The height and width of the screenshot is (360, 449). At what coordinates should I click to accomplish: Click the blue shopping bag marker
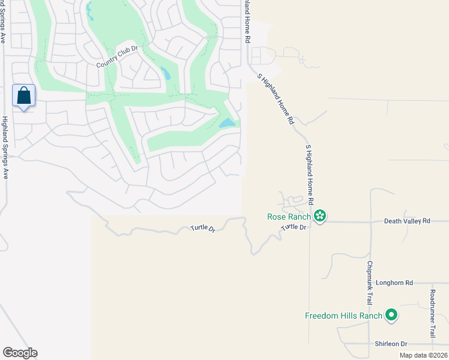click(x=23, y=96)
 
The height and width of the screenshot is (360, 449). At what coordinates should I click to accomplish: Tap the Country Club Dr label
click(x=118, y=64)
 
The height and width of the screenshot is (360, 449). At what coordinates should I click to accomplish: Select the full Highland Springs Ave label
click(x=5, y=147)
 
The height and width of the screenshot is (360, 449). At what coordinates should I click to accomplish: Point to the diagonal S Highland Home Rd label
click(x=276, y=98)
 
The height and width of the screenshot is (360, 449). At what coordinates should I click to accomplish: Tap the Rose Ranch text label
click(x=289, y=217)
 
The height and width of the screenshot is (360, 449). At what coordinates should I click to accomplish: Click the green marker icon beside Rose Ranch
click(x=320, y=216)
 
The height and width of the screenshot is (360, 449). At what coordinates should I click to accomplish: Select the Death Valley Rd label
click(x=408, y=221)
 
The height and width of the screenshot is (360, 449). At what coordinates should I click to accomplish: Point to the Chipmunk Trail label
click(x=370, y=281)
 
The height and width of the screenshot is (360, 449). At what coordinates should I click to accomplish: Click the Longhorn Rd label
click(x=394, y=283)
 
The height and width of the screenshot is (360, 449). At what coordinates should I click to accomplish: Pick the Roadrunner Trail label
click(x=432, y=313)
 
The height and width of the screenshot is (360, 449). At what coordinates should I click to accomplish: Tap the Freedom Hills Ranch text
click(x=343, y=316)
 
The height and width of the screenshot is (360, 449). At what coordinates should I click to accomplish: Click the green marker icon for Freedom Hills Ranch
click(x=391, y=314)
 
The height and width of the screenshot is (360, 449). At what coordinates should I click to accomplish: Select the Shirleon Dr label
click(x=391, y=344)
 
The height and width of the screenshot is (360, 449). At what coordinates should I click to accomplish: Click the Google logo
click(x=20, y=353)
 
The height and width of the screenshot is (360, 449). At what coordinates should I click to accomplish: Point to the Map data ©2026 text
click(x=423, y=355)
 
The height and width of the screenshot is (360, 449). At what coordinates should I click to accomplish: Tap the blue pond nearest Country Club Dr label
click(x=164, y=74)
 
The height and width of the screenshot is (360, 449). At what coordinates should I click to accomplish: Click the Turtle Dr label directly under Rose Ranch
click(x=294, y=227)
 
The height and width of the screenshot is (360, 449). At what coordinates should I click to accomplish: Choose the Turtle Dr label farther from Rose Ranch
click(x=203, y=229)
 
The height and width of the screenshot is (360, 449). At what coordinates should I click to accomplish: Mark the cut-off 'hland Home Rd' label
click(x=247, y=21)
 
